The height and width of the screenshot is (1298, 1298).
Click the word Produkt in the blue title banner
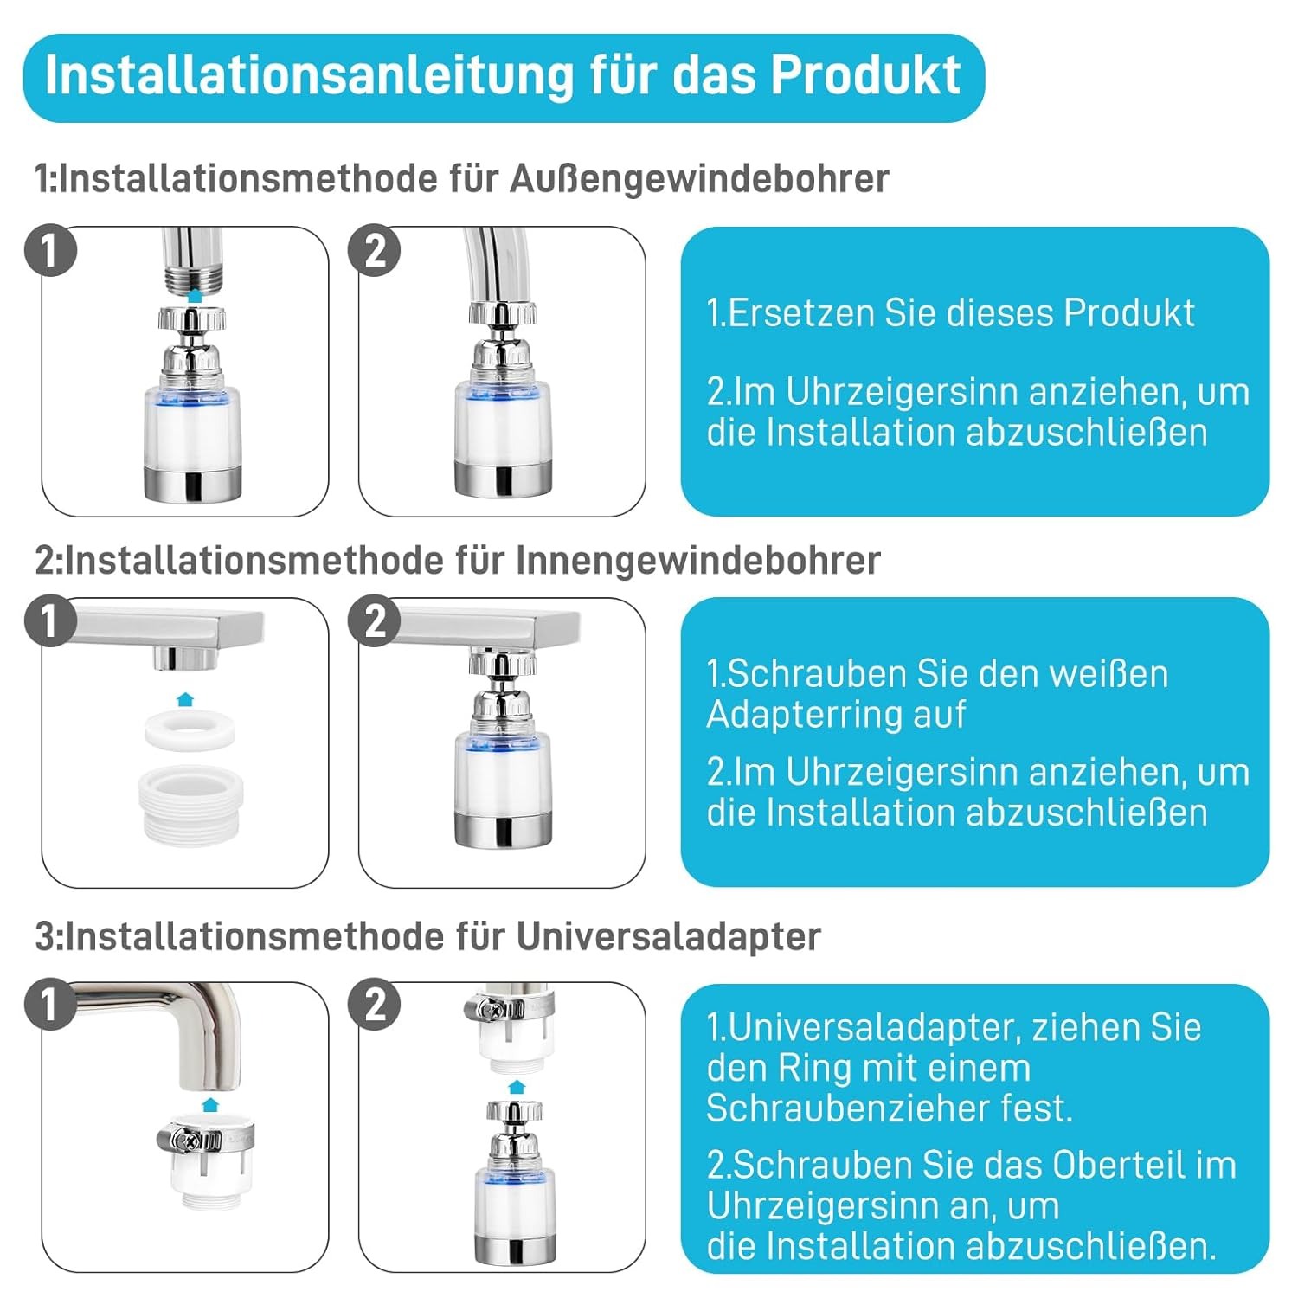[x=865, y=76]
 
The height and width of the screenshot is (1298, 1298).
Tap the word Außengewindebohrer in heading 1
[x=699, y=179]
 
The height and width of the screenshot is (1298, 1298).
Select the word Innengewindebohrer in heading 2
[x=698, y=561]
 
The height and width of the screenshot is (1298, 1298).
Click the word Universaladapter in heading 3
[x=669, y=936]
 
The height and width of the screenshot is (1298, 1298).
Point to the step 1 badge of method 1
[x=50, y=251]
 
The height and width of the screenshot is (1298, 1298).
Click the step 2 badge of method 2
[x=374, y=621]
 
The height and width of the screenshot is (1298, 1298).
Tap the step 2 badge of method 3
[x=374, y=1005]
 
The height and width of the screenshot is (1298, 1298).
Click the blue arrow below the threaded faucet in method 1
[x=195, y=295]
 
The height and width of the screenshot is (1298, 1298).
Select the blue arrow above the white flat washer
[x=184, y=699]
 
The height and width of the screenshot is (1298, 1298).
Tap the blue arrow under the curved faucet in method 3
[x=209, y=1103]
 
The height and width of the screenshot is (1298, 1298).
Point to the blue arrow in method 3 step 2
[x=517, y=1087]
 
